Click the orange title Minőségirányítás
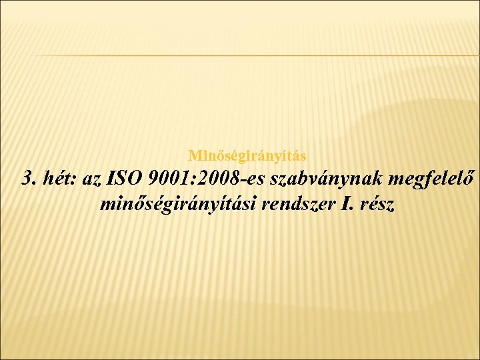tap(247, 156)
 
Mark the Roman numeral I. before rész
tap(347, 203)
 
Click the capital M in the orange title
tap(193, 156)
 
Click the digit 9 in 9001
tap(154, 179)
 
